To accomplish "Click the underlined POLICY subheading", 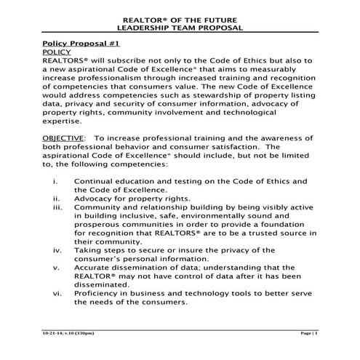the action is pyautogui.click(x=57, y=53).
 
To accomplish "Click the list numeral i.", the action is pyautogui.click(x=57, y=180).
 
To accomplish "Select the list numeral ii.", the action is pyautogui.click(x=57, y=198).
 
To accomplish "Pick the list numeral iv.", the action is pyautogui.click(x=57, y=250).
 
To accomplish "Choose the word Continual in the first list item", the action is pyautogui.click(x=96, y=180).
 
